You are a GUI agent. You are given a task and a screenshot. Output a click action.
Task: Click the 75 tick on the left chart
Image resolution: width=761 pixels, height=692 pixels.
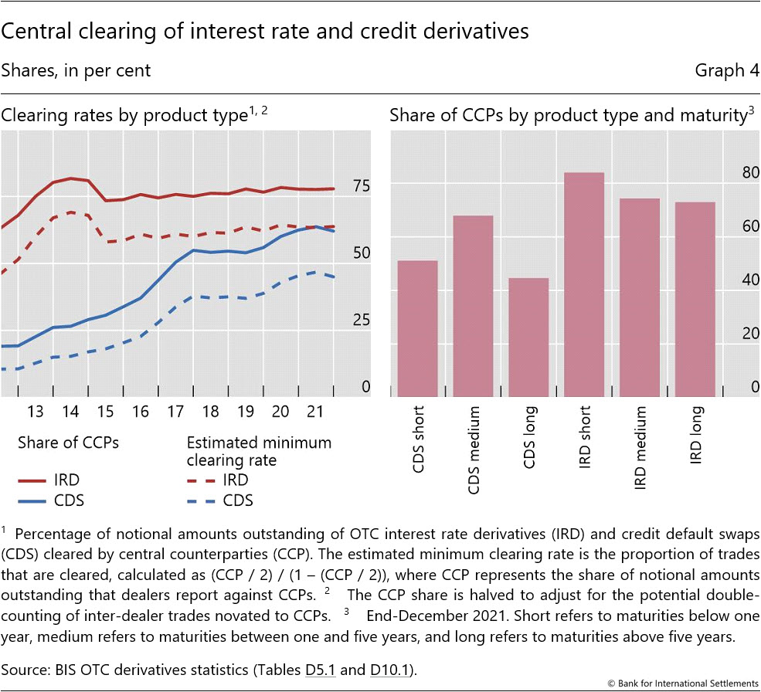click(x=362, y=186)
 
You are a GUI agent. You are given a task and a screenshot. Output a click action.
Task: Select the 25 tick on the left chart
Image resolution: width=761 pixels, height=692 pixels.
click(x=362, y=321)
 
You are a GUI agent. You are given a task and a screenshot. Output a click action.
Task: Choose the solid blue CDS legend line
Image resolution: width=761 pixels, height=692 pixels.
click(x=35, y=500)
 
